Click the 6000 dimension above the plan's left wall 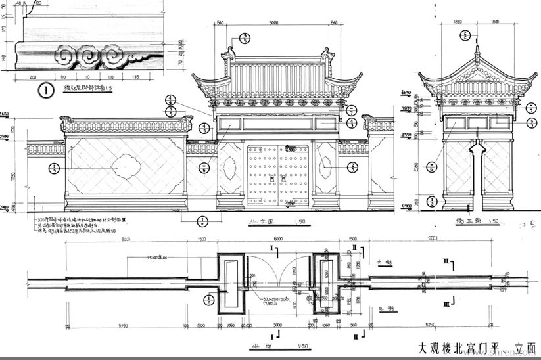point(126,240)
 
